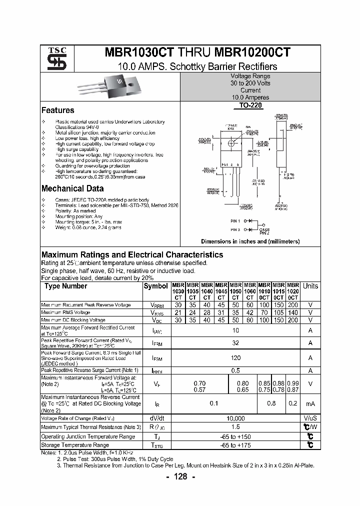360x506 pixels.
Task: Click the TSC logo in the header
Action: pos(53,58)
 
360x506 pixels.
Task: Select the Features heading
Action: pos(57,110)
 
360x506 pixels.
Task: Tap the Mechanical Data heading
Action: pos(72,189)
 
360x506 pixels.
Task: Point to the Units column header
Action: pos(310,286)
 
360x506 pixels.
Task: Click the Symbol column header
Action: pos(155,286)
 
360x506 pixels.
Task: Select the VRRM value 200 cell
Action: pos(293,305)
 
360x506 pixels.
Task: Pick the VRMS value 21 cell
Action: pos(177,312)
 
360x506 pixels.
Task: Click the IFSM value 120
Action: pos(235,358)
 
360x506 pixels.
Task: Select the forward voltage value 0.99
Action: pos(293,383)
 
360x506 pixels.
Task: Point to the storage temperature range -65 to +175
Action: pos(235,445)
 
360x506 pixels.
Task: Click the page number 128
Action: pos(180,476)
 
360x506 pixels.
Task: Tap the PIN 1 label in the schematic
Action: pos(235,220)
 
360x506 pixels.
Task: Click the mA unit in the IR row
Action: pos(310,403)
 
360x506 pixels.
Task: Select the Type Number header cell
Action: pos(65,286)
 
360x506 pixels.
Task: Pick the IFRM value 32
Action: pos(235,343)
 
